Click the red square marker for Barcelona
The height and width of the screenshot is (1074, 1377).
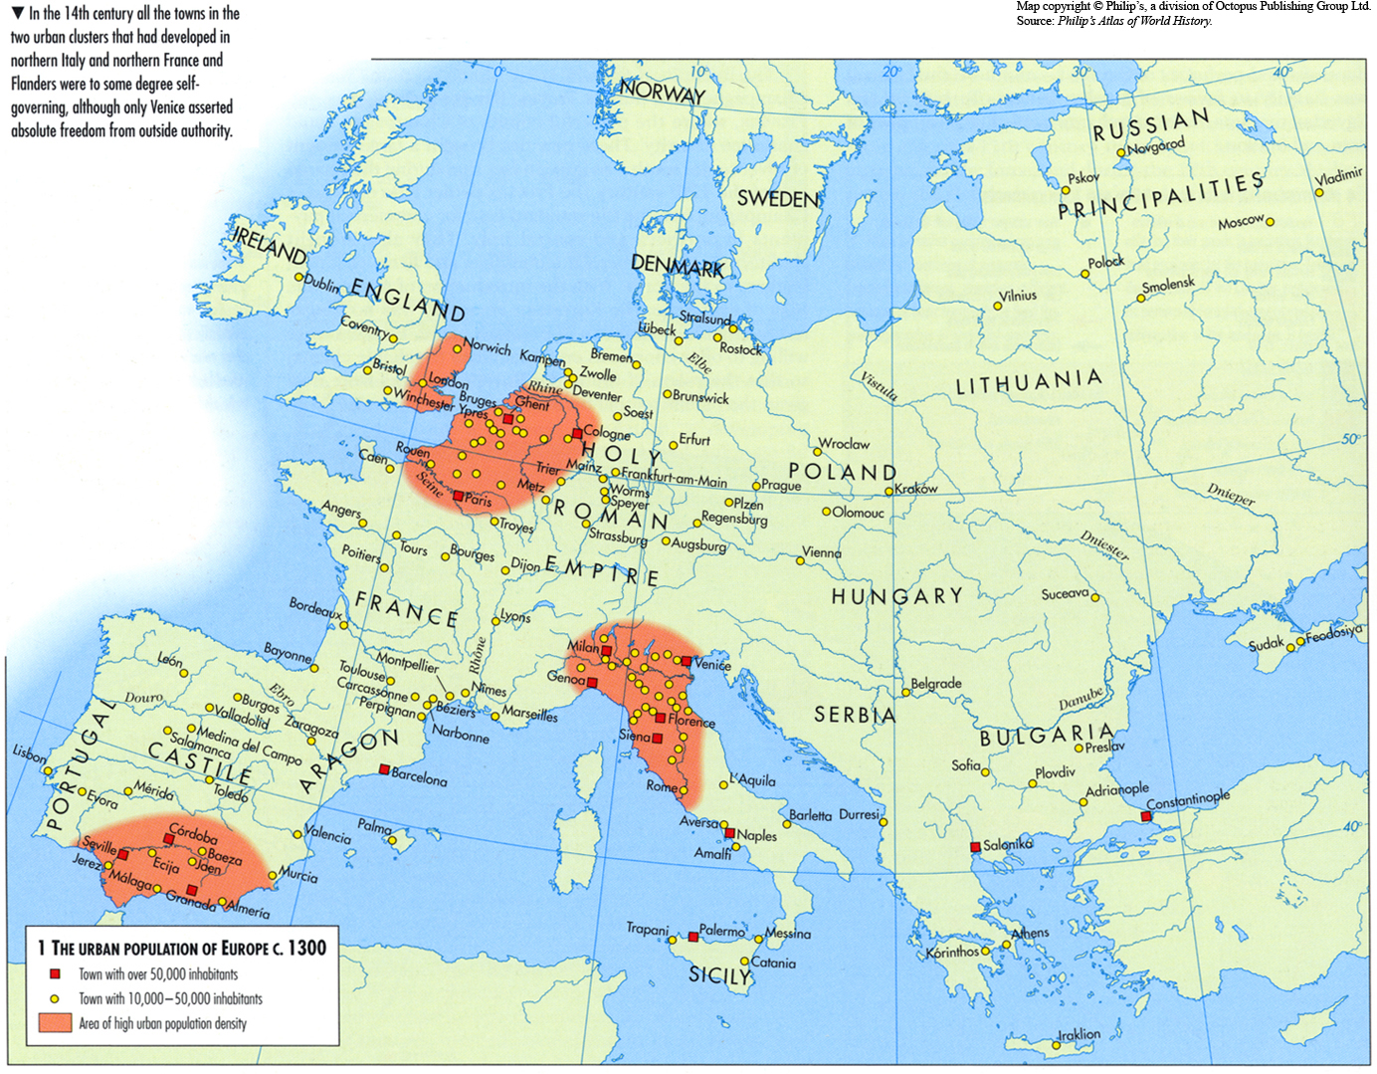click(384, 769)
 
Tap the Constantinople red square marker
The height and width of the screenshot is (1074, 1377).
click(1146, 816)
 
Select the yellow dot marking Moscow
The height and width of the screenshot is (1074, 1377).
click(1270, 222)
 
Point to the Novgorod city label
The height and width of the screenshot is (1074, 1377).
click(1157, 146)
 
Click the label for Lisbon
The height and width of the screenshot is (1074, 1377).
click(29, 753)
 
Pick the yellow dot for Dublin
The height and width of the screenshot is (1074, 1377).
click(298, 277)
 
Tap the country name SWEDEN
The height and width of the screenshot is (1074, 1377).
click(778, 199)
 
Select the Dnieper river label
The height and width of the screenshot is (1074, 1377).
click(1231, 494)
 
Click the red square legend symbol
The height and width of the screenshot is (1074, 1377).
click(56, 974)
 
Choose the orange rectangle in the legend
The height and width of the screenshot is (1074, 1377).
click(56, 1022)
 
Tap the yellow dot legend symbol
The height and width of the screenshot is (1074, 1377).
click(56, 998)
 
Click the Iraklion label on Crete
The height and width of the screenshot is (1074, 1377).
click(1079, 1034)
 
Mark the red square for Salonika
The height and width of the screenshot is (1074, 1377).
click(975, 847)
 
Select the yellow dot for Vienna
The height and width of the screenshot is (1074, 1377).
click(800, 561)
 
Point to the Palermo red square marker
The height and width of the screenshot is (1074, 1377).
click(693, 937)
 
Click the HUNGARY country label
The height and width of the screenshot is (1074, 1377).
click(896, 596)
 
